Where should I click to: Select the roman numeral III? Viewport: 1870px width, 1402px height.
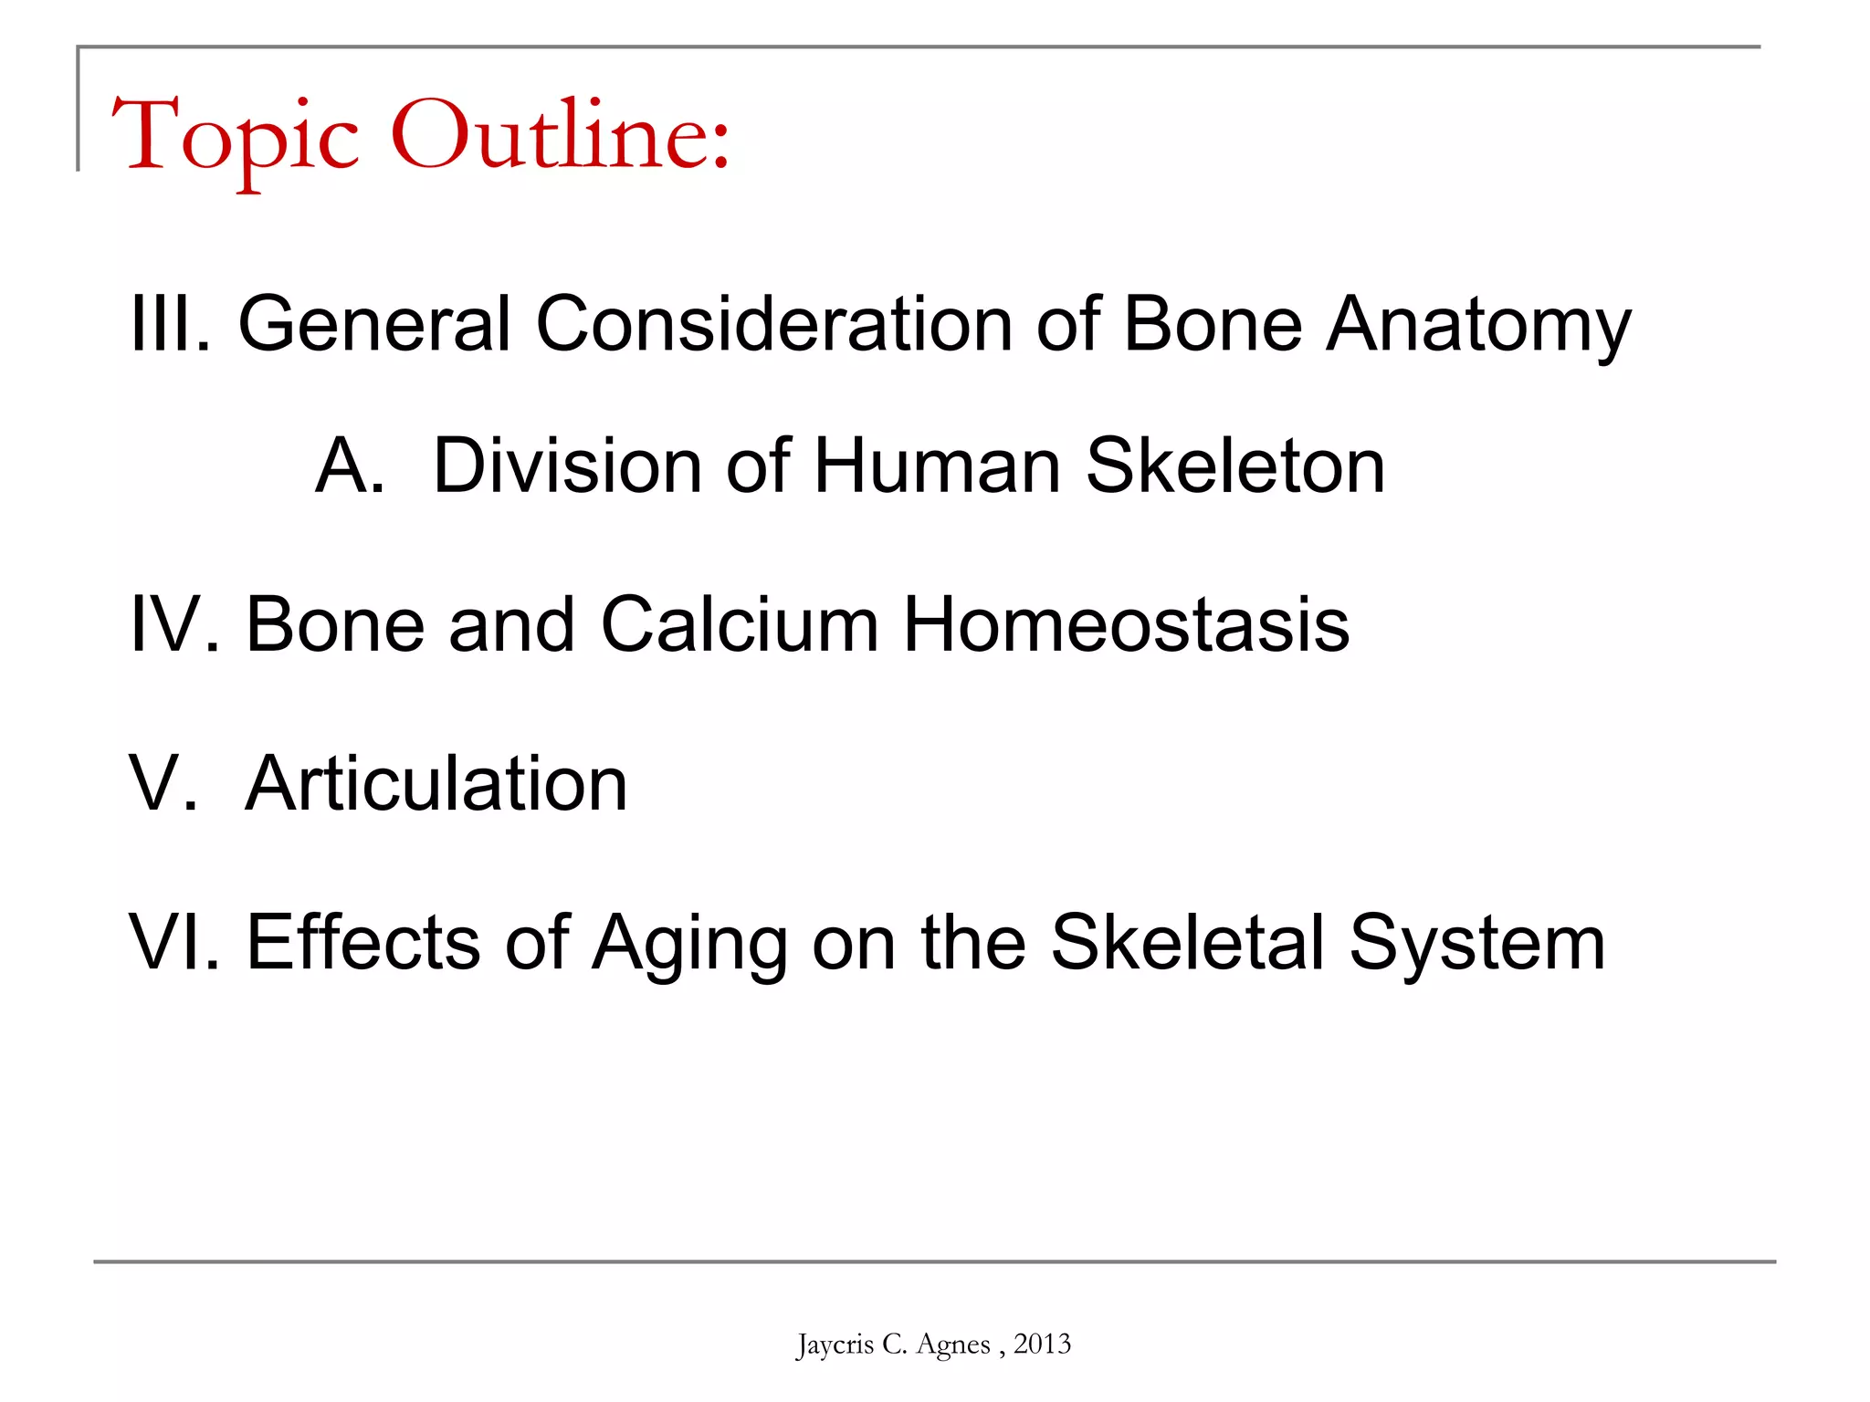(170, 323)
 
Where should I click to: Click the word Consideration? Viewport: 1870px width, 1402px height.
(773, 323)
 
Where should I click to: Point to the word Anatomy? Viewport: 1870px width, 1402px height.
(1478, 325)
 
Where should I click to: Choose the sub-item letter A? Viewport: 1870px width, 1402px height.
(348, 466)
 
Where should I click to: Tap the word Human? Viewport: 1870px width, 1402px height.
(937, 466)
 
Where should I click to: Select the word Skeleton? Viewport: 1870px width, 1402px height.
(1235, 466)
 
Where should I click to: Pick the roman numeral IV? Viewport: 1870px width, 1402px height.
(173, 624)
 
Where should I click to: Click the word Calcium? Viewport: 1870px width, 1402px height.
(740, 624)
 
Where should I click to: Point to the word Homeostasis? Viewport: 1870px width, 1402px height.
(1126, 624)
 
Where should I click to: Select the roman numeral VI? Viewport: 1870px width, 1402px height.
(173, 942)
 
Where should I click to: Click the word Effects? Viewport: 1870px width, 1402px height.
(362, 942)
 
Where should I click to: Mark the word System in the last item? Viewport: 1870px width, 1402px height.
(1476, 944)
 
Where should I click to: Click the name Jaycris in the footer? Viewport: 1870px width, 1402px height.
(835, 1344)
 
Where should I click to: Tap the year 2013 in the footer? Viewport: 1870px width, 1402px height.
(1042, 1344)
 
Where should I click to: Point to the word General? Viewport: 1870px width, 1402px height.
(374, 323)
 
